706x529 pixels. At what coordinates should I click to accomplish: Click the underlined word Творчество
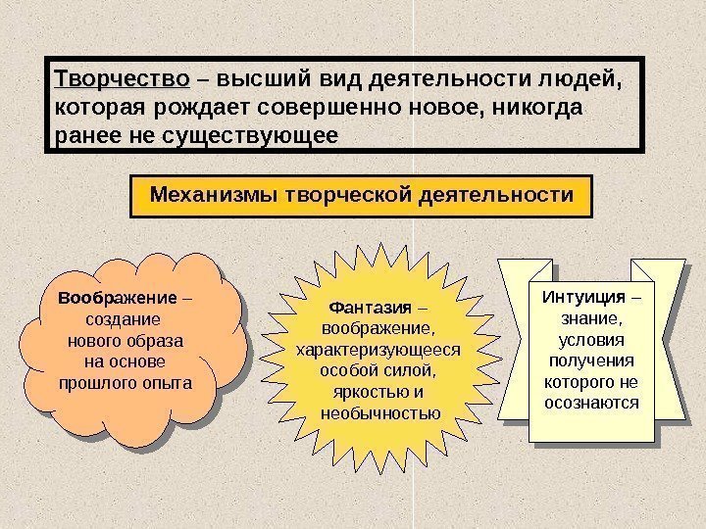(x=122, y=77)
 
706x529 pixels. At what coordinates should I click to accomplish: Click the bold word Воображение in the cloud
(x=117, y=298)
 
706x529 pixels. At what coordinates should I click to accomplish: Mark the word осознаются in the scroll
(x=590, y=403)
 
